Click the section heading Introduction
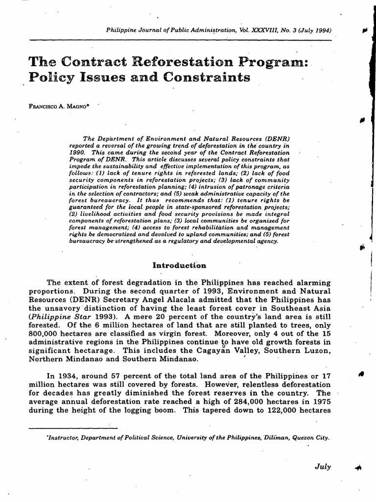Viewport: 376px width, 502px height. click(x=180, y=265)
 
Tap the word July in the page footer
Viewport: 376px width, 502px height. click(x=323, y=467)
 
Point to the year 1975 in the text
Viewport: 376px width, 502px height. click(x=319, y=402)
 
